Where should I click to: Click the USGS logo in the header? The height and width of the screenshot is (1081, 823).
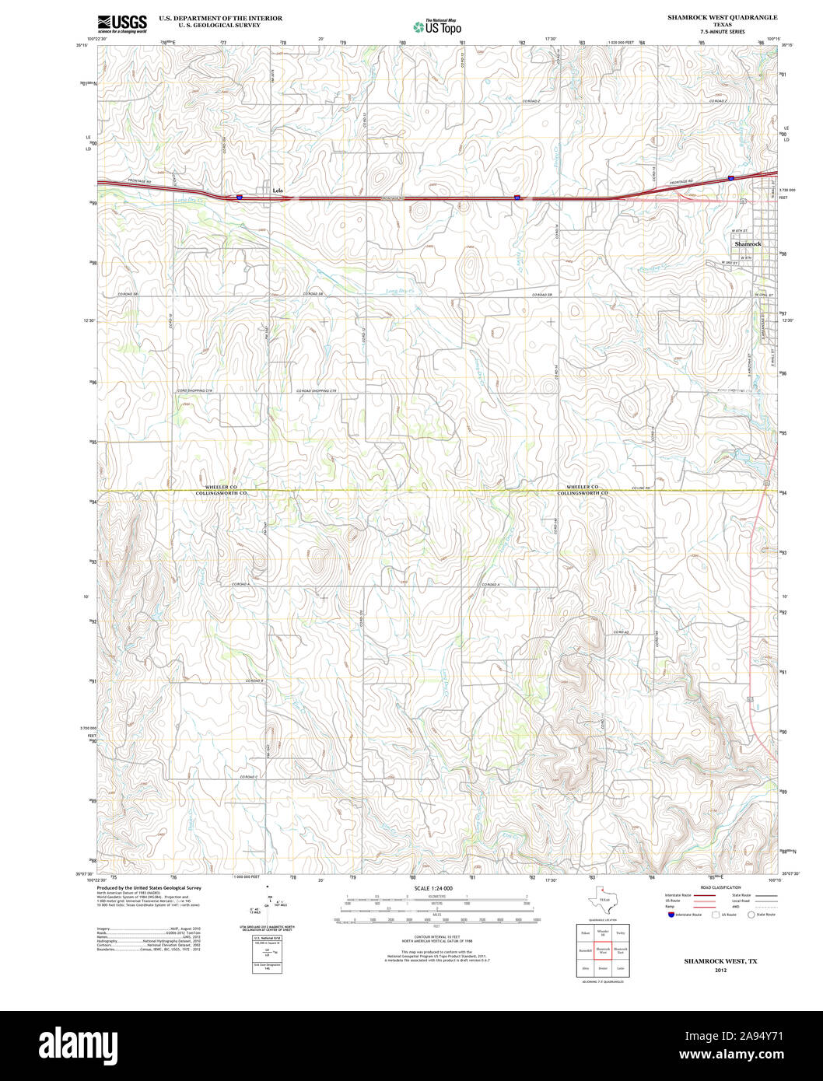(x=122, y=23)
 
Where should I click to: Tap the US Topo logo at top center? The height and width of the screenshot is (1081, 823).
(x=437, y=26)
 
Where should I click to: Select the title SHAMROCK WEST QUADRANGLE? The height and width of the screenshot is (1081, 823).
(x=721, y=17)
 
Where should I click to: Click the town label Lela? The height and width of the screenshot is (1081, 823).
(x=278, y=190)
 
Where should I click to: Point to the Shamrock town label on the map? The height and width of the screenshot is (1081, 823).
(x=748, y=244)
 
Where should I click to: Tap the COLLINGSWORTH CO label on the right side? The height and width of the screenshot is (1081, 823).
(x=582, y=494)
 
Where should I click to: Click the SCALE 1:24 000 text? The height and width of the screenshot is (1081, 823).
(x=433, y=888)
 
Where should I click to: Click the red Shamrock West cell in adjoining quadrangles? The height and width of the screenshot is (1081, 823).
(x=604, y=950)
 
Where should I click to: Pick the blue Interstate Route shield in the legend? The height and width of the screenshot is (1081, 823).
(x=671, y=915)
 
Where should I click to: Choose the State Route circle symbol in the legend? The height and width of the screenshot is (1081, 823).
(x=751, y=915)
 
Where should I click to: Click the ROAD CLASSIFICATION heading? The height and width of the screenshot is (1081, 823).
(x=720, y=887)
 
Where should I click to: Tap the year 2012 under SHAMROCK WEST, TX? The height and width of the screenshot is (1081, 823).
(x=720, y=971)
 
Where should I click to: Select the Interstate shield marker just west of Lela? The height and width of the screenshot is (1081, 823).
(x=240, y=198)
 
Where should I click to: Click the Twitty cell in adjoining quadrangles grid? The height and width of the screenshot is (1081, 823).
(x=620, y=932)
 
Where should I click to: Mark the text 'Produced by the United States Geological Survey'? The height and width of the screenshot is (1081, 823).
(x=149, y=887)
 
